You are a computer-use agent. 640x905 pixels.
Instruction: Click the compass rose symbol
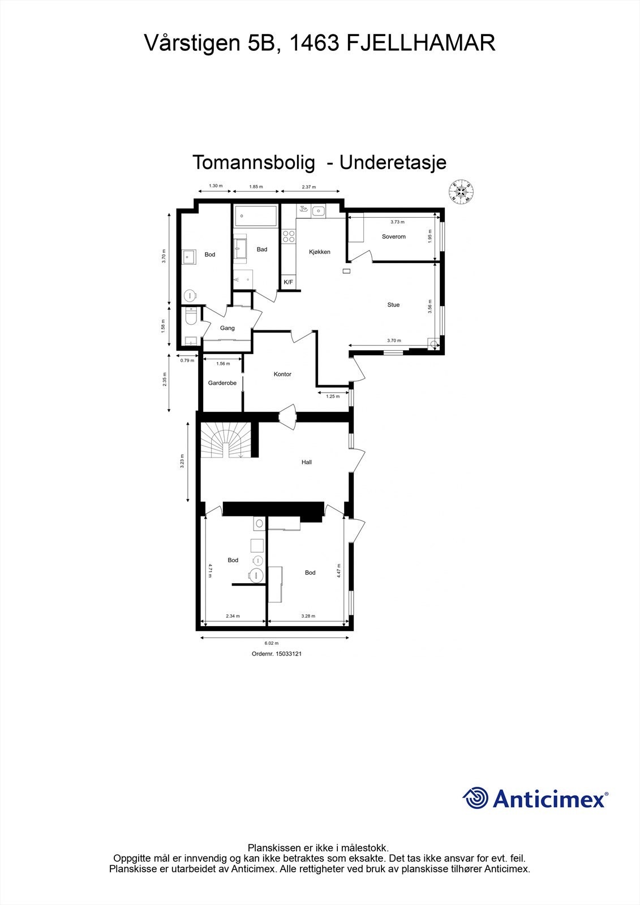462,192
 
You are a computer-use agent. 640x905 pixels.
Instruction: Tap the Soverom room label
393,236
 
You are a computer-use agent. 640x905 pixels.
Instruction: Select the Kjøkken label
320,252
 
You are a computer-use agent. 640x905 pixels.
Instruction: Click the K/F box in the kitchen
288,282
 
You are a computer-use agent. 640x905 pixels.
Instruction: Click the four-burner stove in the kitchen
289,236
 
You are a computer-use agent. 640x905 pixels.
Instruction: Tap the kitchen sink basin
319,212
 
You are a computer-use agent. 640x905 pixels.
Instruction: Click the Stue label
393,305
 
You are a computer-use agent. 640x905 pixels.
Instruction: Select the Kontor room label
282,374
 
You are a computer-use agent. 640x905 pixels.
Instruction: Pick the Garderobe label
222,383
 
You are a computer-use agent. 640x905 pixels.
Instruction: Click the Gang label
227,328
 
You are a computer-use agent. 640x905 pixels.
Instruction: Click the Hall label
307,462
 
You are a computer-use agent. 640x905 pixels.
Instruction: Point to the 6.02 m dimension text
272,643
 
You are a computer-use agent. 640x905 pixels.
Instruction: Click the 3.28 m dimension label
308,616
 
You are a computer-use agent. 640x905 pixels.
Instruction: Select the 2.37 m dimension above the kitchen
308,187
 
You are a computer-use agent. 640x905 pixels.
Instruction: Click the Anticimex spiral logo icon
475,799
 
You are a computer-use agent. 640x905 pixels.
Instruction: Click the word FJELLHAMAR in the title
420,43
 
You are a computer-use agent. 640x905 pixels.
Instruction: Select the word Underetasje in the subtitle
393,162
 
